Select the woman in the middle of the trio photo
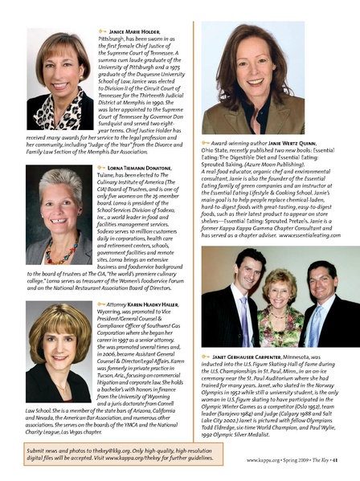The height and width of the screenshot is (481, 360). [278, 293]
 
